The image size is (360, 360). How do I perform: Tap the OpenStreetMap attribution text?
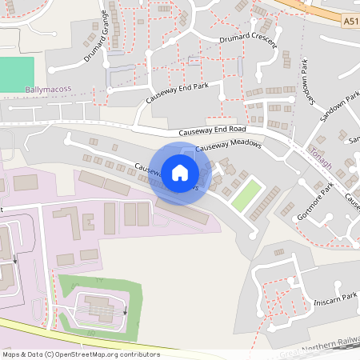[x=81, y=354]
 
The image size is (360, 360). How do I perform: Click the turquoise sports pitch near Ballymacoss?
[x=17, y=74]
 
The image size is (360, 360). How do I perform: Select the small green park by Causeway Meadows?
[x=247, y=195]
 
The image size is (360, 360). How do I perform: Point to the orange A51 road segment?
[x=320, y=16]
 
